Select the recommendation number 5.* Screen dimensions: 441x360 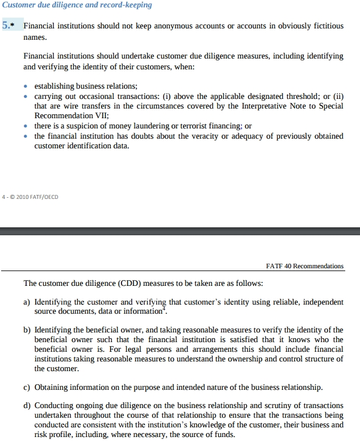pos(9,26)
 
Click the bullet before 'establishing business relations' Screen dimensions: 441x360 pos(26,86)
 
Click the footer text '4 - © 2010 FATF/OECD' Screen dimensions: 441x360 pos(31,197)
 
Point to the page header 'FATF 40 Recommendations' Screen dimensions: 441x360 pos(304,266)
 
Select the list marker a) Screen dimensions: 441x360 pos(27,302)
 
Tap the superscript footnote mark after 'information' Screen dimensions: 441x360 pos(164,309)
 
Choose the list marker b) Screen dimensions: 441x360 pos(27,330)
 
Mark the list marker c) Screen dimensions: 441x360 pos(27,388)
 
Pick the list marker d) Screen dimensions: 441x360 pos(27,406)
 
